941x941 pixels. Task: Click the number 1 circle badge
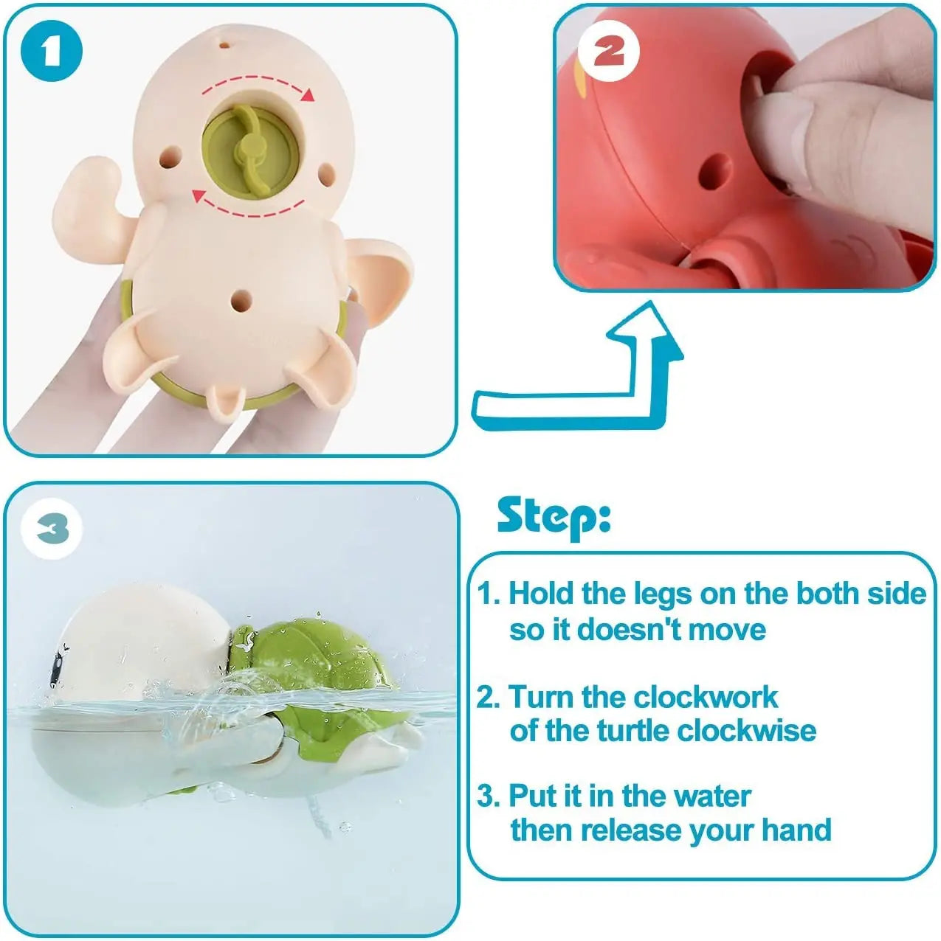[x=50, y=50]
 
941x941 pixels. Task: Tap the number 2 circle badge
[x=608, y=52]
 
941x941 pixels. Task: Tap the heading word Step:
[x=554, y=516]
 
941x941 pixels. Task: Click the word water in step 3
[x=711, y=796]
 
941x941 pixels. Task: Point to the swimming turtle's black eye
[x=55, y=672]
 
